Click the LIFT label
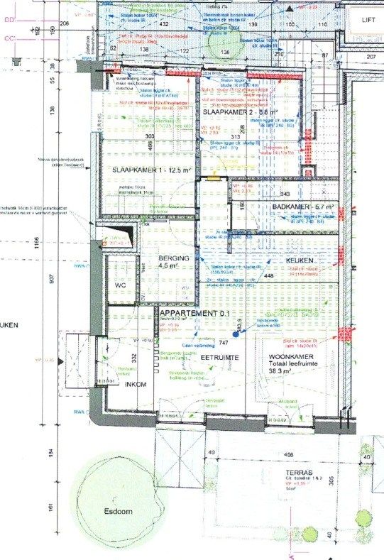pyautogui.click(x=367, y=21)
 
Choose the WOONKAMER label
pyautogui.click(x=290, y=356)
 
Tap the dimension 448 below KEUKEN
pyautogui.click(x=269, y=277)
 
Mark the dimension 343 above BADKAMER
pyautogui.click(x=286, y=193)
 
